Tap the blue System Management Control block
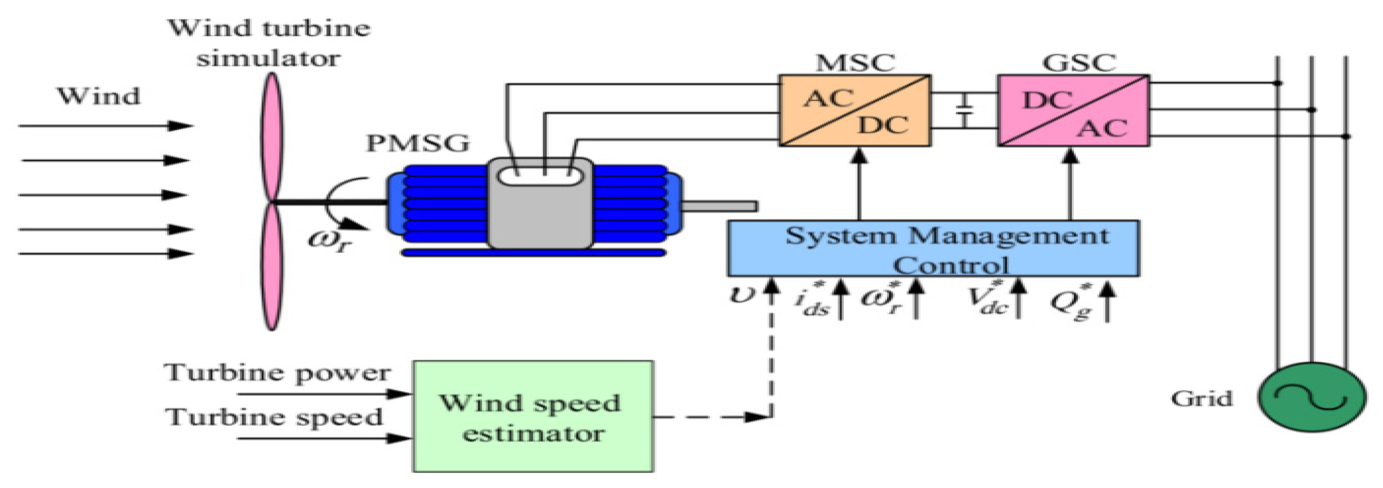click(933, 249)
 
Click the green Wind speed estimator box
click(533, 416)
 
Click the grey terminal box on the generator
click(540, 204)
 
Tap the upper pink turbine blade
click(272, 137)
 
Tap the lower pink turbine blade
click(272, 266)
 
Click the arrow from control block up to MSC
click(859, 183)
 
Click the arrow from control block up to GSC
click(1071, 183)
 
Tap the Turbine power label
click(277, 373)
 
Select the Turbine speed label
click(274, 417)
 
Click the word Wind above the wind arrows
click(99, 97)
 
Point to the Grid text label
click(1201, 399)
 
